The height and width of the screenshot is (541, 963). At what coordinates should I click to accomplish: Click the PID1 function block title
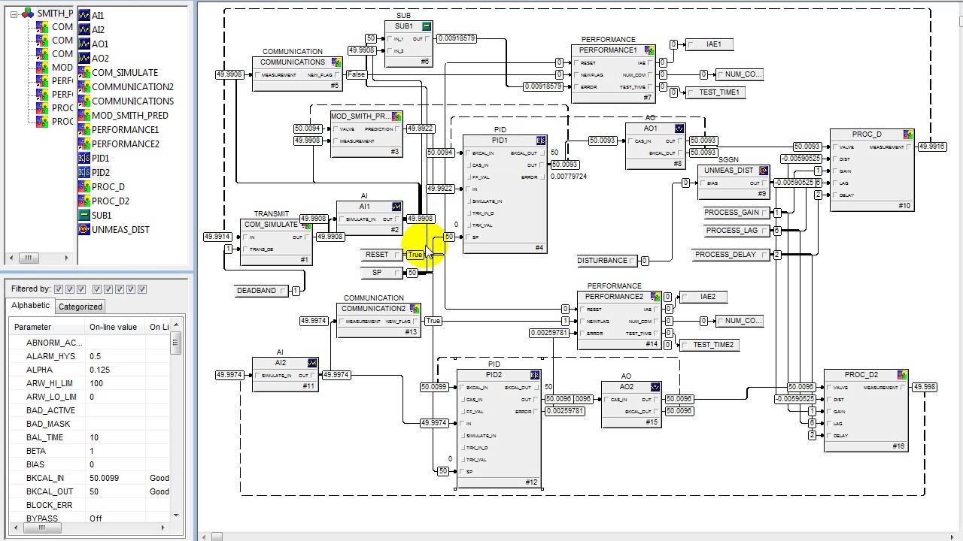500,141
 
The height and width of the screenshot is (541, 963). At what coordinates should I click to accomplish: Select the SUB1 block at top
404,26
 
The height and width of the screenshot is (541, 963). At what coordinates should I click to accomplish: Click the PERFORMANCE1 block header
607,50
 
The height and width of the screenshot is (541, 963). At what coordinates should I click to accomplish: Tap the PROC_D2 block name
861,375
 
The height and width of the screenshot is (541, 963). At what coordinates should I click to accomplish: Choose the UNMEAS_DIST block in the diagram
728,171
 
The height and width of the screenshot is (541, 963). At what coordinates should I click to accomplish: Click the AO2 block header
626,387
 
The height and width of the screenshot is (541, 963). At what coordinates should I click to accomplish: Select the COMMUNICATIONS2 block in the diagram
373,309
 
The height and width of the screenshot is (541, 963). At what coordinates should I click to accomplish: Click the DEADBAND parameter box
257,291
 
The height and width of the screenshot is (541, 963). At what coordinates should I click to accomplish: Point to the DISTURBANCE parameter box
603,261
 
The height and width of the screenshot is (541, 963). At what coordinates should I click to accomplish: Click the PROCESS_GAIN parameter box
731,213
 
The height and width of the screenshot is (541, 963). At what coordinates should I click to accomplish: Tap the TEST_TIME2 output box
712,345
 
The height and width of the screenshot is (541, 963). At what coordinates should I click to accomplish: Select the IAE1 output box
713,44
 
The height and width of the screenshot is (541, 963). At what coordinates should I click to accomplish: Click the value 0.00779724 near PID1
568,177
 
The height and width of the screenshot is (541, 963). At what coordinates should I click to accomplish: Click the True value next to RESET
415,255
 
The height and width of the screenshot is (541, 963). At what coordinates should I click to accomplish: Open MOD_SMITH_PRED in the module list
129,115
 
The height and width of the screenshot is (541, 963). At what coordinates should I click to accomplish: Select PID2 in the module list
100,172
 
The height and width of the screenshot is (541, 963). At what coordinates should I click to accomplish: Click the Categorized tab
81,307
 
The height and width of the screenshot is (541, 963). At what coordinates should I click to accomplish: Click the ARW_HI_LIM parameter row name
50,383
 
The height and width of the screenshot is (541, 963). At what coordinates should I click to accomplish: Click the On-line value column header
113,327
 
